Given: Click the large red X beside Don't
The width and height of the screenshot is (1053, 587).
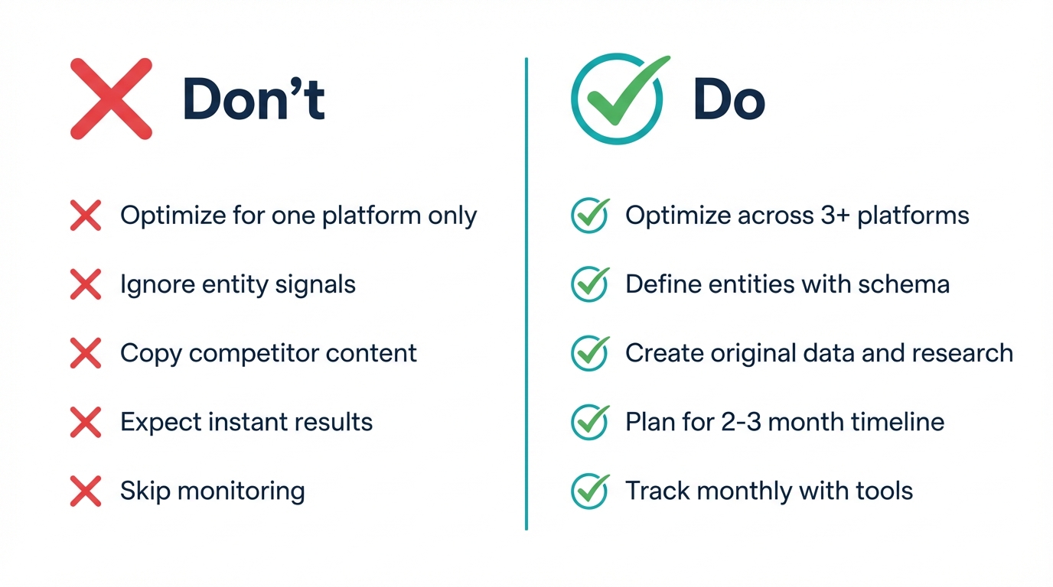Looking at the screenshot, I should (111, 99).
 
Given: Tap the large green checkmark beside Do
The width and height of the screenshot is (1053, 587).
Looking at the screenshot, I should (618, 99).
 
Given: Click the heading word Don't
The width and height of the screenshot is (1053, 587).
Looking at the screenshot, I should (254, 100).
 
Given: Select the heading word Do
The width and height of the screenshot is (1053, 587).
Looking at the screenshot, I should (729, 100).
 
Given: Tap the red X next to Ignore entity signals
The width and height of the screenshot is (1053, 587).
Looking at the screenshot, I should (86, 285).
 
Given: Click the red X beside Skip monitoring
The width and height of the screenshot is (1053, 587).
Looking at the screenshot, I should (86, 491).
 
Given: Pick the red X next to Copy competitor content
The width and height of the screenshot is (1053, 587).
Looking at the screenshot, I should (86, 354).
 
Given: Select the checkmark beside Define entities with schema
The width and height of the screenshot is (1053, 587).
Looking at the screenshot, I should (590, 285).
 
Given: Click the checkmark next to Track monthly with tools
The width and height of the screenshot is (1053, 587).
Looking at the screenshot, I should (590, 491).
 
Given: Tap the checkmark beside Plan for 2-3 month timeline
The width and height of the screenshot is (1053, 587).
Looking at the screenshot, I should (590, 422).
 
